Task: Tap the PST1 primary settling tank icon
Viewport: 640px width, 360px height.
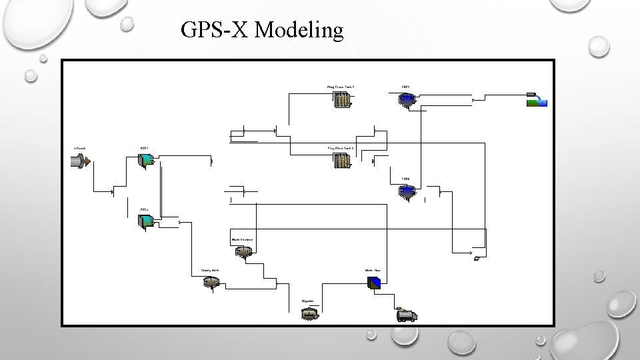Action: tap(145, 160)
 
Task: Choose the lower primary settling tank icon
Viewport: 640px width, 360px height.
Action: tap(145, 222)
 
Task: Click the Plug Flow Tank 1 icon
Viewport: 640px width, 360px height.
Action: tap(342, 100)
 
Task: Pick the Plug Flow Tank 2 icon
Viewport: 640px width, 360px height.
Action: tap(341, 160)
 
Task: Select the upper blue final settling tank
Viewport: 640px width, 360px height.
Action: tap(406, 99)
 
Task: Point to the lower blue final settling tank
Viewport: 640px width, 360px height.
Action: tap(406, 192)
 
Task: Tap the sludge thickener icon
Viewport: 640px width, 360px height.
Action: tap(243, 251)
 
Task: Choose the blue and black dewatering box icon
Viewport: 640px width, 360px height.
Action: tap(374, 283)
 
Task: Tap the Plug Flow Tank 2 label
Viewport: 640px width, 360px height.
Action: tap(341, 147)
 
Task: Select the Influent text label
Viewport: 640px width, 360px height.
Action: tap(79, 147)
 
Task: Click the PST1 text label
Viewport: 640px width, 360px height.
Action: tap(144, 147)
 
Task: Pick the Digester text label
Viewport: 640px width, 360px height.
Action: tap(308, 302)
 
